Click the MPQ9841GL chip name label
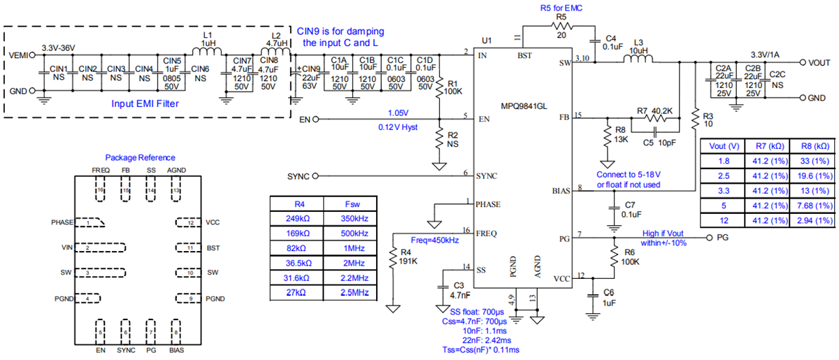tap(522, 106)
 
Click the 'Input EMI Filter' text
tap(146, 103)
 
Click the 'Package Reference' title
tap(140, 157)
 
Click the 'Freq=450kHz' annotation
tap(435, 240)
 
